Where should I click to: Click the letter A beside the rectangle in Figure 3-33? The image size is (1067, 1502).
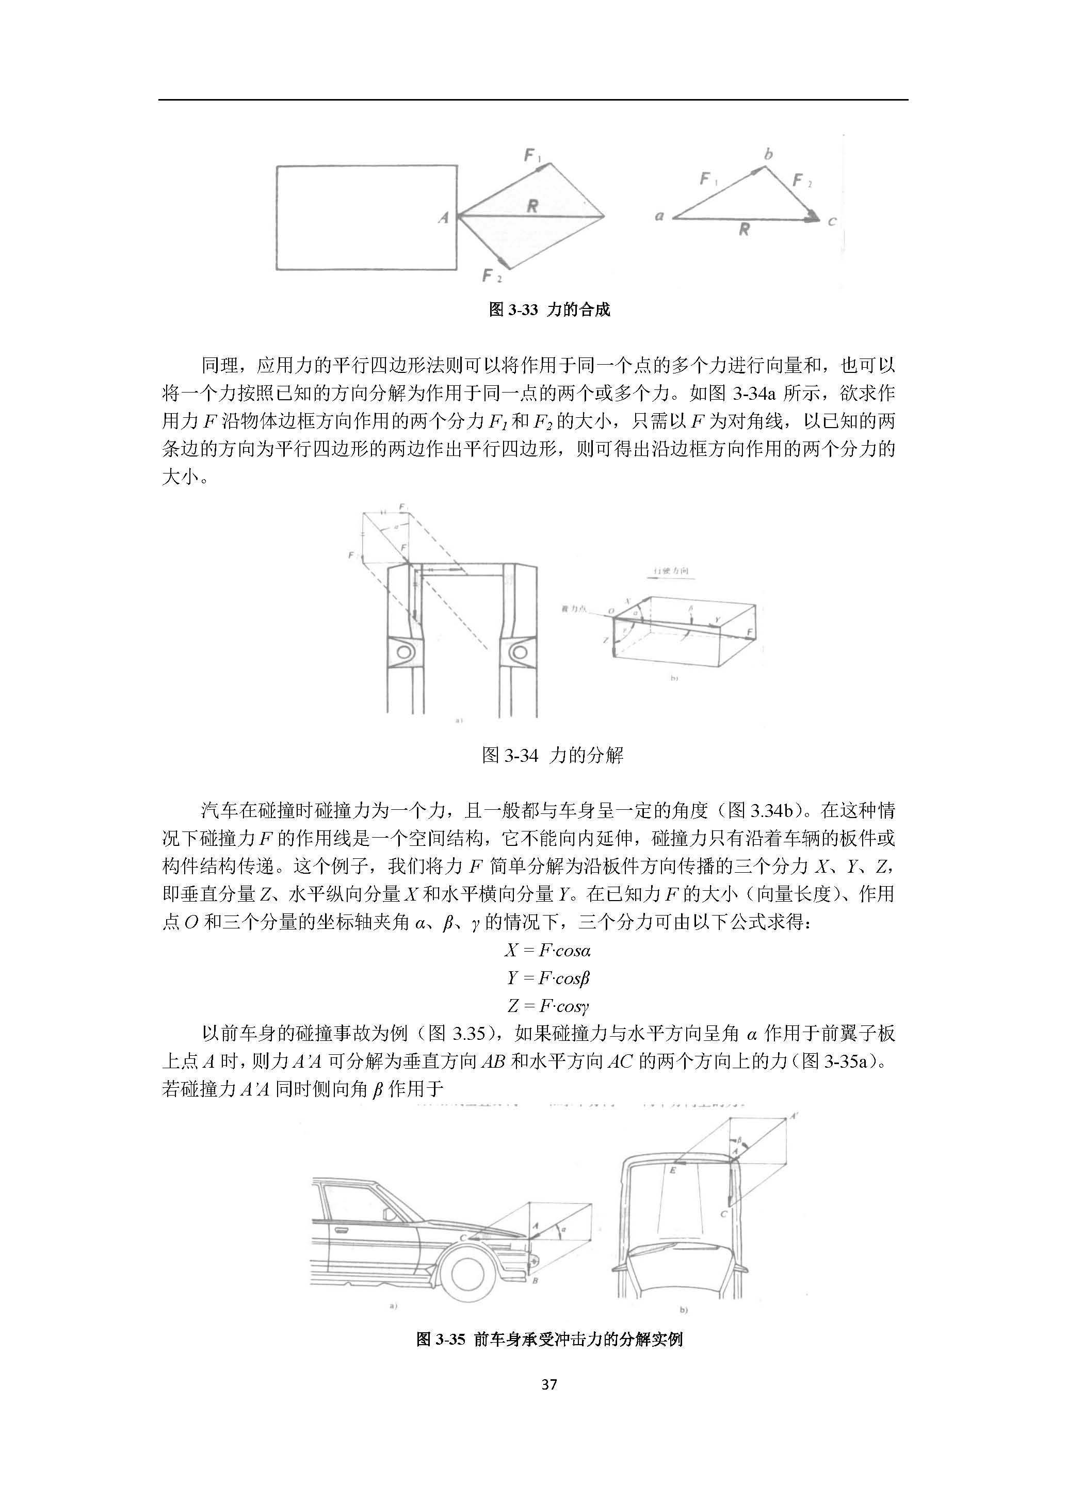coord(444,217)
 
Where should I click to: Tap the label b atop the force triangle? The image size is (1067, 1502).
coord(768,154)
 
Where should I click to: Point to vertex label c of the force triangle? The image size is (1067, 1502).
coord(831,221)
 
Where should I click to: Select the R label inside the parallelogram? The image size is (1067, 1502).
coord(532,206)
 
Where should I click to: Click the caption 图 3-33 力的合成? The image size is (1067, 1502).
coord(549,309)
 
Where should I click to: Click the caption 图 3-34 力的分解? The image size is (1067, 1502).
coord(552,755)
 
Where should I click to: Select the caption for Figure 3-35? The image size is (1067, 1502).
coord(549,1339)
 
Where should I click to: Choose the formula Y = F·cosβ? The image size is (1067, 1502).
coord(548,978)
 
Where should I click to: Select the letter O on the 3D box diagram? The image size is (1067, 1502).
coord(610,611)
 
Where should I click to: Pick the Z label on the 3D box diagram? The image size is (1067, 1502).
coord(605,640)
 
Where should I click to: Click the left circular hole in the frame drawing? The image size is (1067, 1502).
coord(405,652)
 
